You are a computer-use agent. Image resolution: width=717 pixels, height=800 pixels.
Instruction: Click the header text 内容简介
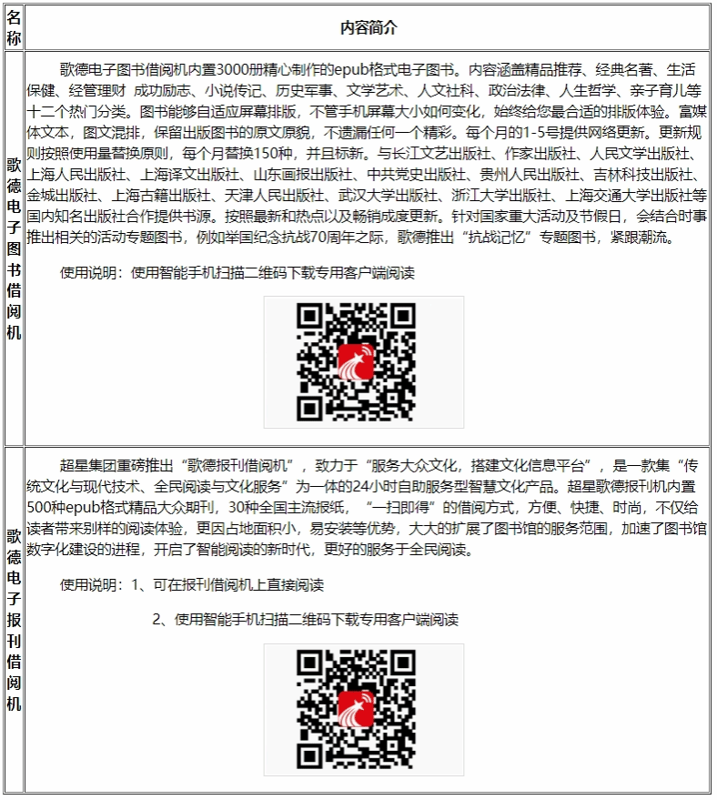coord(368,28)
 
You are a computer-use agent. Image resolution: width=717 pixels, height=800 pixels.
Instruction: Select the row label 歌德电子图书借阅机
coord(14,248)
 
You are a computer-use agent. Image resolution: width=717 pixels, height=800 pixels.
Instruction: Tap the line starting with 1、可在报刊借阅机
coord(228,585)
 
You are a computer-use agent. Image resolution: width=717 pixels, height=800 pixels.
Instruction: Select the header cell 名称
coord(14,28)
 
